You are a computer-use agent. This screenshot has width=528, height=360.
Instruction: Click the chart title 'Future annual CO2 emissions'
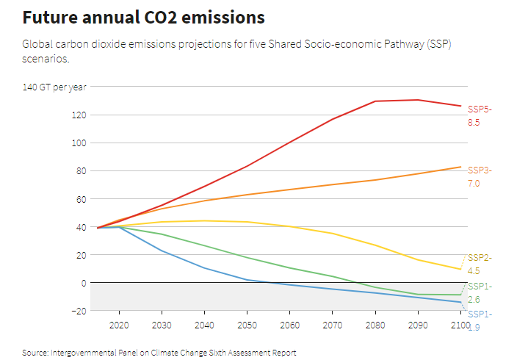tap(144, 17)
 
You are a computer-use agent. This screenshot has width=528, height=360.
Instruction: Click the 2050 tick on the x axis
tap(247, 325)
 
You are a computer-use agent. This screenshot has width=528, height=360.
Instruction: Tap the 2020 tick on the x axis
tap(119, 325)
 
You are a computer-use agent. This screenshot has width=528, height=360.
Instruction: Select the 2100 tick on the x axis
tap(460, 325)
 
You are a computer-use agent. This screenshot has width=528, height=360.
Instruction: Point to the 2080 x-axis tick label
tap(375, 325)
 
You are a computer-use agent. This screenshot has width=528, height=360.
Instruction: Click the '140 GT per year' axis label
tap(54, 87)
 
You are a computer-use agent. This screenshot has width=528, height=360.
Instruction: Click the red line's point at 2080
tap(375, 101)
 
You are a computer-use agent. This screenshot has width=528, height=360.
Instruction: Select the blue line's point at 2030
tap(162, 251)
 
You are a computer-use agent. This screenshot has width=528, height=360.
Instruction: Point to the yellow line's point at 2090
tap(418, 260)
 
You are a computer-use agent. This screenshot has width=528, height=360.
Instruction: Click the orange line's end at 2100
tap(460, 167)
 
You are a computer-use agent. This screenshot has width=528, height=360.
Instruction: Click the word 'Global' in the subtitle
tap(38, 44)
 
